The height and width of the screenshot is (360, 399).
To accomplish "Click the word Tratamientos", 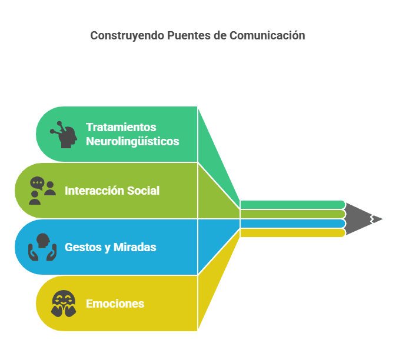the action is (121, 127).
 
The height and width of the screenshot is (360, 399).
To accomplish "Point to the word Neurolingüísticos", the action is (132, 141).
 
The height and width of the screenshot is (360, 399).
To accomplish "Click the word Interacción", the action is (94, 191).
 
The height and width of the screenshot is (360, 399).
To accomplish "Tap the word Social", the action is (143, 191).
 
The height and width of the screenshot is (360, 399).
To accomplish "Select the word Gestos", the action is (83, 248).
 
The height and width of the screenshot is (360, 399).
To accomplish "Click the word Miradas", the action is (135, 247).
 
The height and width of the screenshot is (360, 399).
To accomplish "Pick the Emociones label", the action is (115, 304).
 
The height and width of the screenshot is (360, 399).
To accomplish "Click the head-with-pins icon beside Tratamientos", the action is (64, 135).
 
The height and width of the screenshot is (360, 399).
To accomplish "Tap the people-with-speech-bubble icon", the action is (42, 191).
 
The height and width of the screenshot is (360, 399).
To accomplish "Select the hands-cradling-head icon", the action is (42, 247).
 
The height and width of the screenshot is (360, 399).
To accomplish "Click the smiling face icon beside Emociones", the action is (64, 304).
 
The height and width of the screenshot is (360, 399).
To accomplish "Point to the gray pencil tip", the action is (364, 219).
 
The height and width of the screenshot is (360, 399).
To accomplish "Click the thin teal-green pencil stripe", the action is (292, 205).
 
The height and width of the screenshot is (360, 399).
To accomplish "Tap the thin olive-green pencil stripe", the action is (292, 214).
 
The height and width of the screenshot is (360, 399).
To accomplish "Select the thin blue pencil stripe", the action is (292, 224).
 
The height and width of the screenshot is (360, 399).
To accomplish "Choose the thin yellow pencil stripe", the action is (292, 233).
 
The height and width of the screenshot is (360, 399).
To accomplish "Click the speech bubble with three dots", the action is (37, 183).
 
